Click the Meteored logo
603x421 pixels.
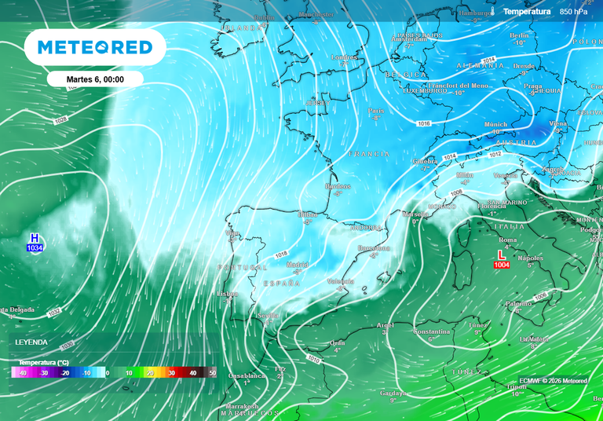pyautogui.click(x=95, y=48)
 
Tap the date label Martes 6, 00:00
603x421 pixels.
pyautogui.click(x=94, y=79)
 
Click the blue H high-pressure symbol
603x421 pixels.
pyautogui.click(x=34, y=237)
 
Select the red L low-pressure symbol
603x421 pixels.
pyautogui.click(x=502, y=254)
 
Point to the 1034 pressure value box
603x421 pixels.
pyautogui.click(x=35, y=248)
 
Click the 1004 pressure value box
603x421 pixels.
pyautogui.click(x=502, y=265)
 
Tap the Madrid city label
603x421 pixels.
pyautogui.click(x=298, y=265)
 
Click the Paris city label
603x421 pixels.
pyautogui.click(x=376, y=111)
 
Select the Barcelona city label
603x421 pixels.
pyautogui.click(x=374, y=248)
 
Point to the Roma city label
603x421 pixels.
pyautogui.click(x=508, y=240)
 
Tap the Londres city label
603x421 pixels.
pyautogui.click(x=345, y=57)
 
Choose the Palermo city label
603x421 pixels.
pyautogui.click(x=518, y=303)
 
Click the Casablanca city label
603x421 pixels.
pyautogui.click(x=247, y=375)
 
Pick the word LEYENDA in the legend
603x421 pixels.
pyautogui.click(x=31, y=342)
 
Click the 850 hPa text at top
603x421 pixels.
pyautogui.click(x=573, y=12)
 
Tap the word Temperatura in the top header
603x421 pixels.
pyautogui.click(x=527, y=12)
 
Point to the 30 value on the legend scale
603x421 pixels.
pyautogui.click(x=170, y=373)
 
